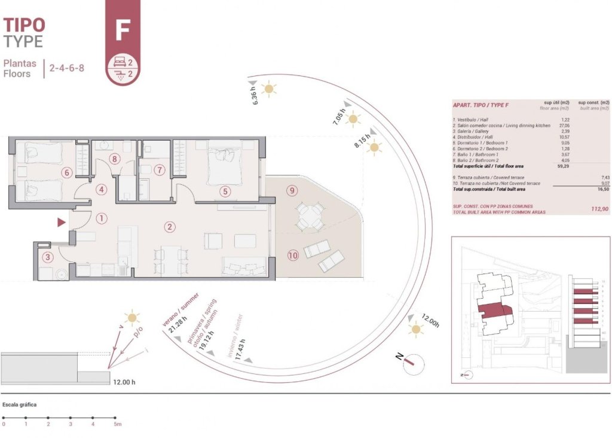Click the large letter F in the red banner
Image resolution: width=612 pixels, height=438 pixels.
(x=123, y=29)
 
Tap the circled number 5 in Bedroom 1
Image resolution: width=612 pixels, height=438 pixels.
(x=224, y=191)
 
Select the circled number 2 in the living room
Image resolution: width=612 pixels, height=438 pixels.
(x=170, y=227)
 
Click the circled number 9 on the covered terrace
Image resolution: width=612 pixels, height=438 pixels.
(x=292, y=191)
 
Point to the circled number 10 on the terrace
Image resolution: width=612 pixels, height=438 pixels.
(x=292, y=255)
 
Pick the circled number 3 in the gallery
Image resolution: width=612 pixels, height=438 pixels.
(x=48, y=257)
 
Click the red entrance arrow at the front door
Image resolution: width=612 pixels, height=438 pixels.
(x=60, y=223)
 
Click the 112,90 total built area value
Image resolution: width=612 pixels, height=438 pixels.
(x=598, y=209)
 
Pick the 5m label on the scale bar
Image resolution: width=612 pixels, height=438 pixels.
(x=118, y=424)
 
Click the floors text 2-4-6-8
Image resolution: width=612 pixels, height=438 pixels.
(x=66, y=68)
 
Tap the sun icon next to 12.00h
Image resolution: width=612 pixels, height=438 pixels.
(x=415, y=328)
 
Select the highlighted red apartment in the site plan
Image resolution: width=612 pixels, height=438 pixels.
(x=493, y=312)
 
